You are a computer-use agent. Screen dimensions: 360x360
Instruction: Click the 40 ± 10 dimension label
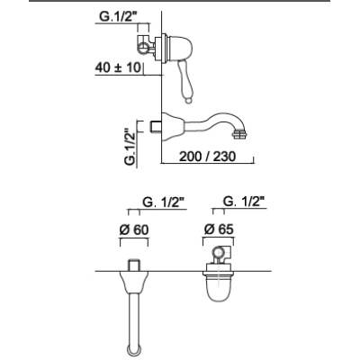point(118,67)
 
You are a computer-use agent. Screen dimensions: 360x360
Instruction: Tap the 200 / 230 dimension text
point(207,156)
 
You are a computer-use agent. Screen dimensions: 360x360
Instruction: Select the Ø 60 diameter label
point(134,230)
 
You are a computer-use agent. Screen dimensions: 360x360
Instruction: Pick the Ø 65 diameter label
point(219,229)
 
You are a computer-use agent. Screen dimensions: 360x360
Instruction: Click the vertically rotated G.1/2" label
point(130,148)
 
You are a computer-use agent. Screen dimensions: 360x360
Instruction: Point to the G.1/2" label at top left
point(118,16)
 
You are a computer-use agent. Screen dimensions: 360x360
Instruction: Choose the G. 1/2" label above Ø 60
point(163,202)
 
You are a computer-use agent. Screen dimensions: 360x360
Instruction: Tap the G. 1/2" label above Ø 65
point(245,202)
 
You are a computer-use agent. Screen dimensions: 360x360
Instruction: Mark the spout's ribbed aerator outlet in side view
point(240,133)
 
